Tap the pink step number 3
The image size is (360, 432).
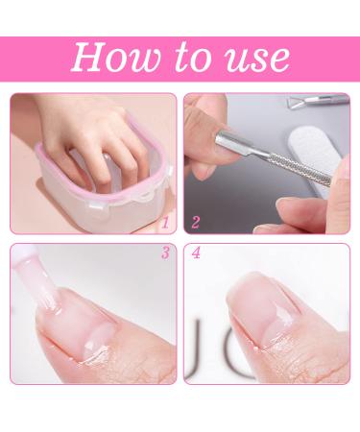pyautogui.click(x=164, y=255)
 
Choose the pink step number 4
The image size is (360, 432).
pyautogui.click(x=196, y=255)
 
